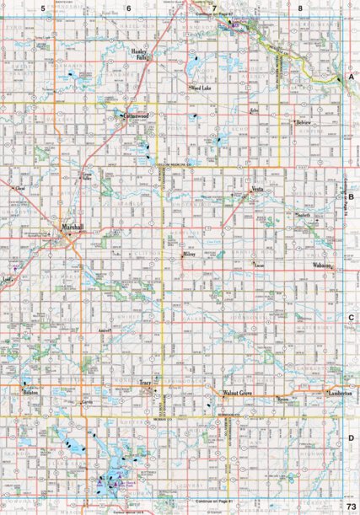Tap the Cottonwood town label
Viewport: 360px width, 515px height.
pyautogui.click(x=134, y=116)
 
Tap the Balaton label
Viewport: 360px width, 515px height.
pyautogui.click(x=31, y=394)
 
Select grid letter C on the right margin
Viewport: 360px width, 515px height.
pyautogui.click(x=350, y=317)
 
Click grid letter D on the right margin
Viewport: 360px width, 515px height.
pyautogui.click(x=350, y=438)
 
